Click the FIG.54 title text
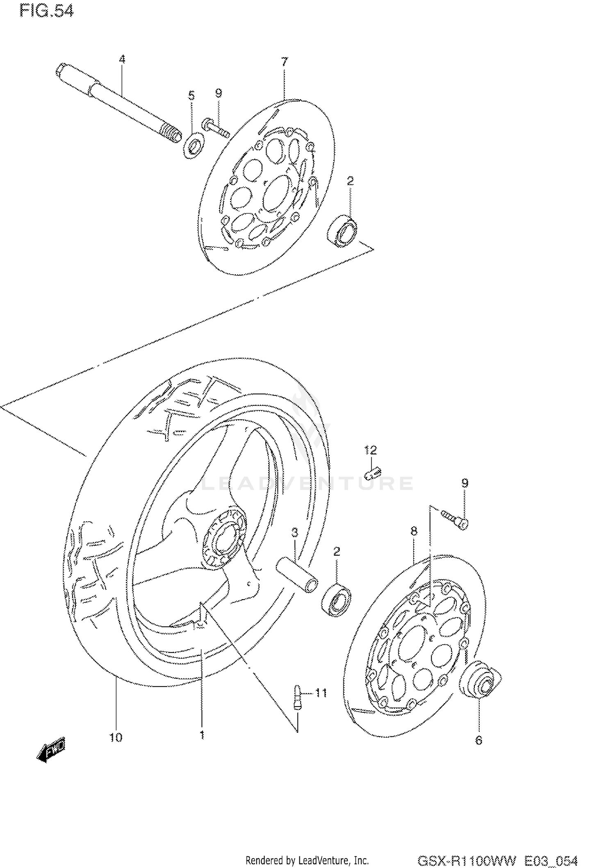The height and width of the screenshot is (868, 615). coord(46,11)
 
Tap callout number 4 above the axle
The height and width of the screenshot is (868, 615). coord(122,59)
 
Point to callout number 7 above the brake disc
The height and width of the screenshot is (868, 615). coord(285,62)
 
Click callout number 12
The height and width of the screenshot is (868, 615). coord(370,450)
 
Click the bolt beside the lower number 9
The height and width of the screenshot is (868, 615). coord(456,518)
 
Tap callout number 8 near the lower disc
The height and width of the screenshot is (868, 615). coord(414,532)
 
